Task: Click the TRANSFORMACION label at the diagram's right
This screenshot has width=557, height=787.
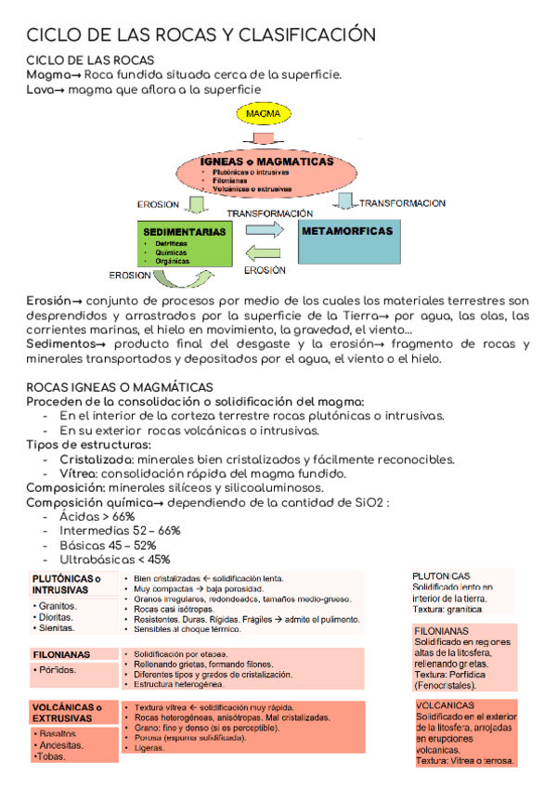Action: coord(402,202)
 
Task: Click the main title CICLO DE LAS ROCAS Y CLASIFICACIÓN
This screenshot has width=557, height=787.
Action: coord(200,35)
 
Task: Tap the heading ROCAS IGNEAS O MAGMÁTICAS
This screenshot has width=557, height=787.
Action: coord(120,386)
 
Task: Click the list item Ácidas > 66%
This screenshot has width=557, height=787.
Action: coord(97,516)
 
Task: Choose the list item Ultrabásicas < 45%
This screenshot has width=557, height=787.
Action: coord(114,560)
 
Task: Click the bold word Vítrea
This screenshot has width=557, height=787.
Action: coord(80,473)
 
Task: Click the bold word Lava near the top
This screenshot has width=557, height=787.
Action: coord(41,89)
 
